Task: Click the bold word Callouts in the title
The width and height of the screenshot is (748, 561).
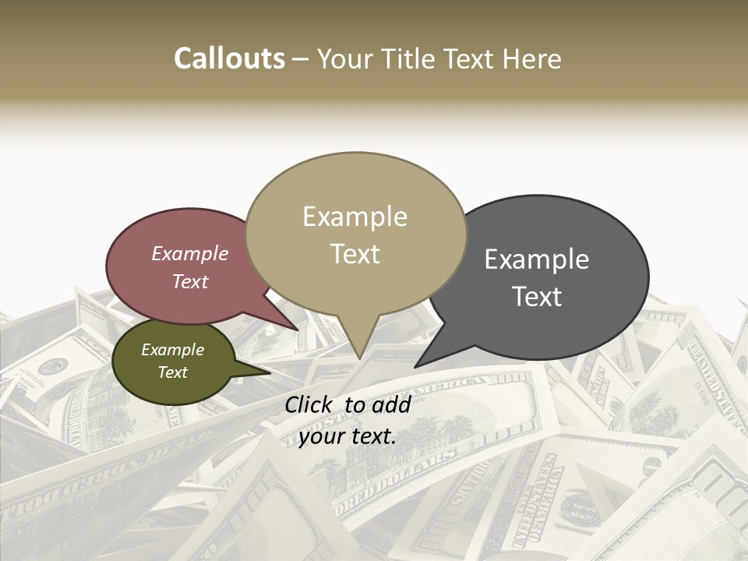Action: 229,58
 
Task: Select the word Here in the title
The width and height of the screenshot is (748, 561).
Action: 533,58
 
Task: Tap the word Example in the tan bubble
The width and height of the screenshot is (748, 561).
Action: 355,217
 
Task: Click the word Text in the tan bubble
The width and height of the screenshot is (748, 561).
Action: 355,254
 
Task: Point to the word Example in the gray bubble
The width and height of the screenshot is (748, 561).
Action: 537,259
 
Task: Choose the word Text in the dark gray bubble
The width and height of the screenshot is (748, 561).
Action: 537,297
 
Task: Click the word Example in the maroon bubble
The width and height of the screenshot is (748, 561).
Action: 190,254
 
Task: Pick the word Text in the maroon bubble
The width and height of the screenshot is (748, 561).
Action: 190,281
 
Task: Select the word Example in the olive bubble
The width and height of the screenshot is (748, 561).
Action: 172,350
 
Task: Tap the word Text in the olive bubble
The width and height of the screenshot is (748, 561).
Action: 172,372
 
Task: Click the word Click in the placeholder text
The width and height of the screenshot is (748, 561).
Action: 311,404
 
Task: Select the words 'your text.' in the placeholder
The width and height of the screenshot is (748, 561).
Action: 347,437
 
